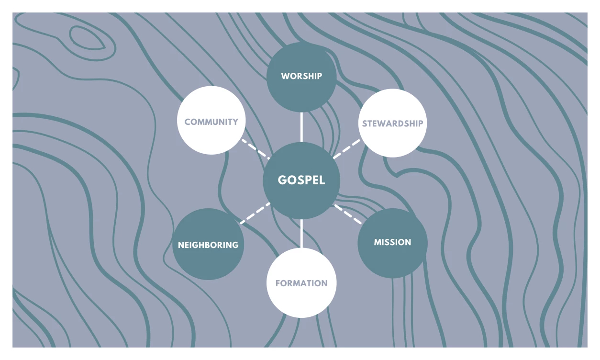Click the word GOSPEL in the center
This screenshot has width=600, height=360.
click(x=301, y=180)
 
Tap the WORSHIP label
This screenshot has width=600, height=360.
click(x=301, y=76)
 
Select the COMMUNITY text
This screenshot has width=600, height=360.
click(x=211, y=122)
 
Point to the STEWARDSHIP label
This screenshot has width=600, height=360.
click(x=392, y=124)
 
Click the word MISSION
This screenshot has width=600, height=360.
click(x=392, y=242)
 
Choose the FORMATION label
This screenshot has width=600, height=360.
click(x=301, y=283)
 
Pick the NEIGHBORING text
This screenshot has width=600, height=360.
click(x=208, y=245)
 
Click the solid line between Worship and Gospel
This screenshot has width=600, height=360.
click(x=301, y=127)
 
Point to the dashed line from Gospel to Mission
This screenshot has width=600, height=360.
click(x=348, y=214)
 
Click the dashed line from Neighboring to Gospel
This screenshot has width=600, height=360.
click(x=256, y=214)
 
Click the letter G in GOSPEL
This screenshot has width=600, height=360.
click(x=282, y=180)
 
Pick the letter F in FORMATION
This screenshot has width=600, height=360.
click(x=278, y=283)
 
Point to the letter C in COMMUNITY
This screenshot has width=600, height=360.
click(x=188, y=122)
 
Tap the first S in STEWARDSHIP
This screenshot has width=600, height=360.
click(x=364, y=124)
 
